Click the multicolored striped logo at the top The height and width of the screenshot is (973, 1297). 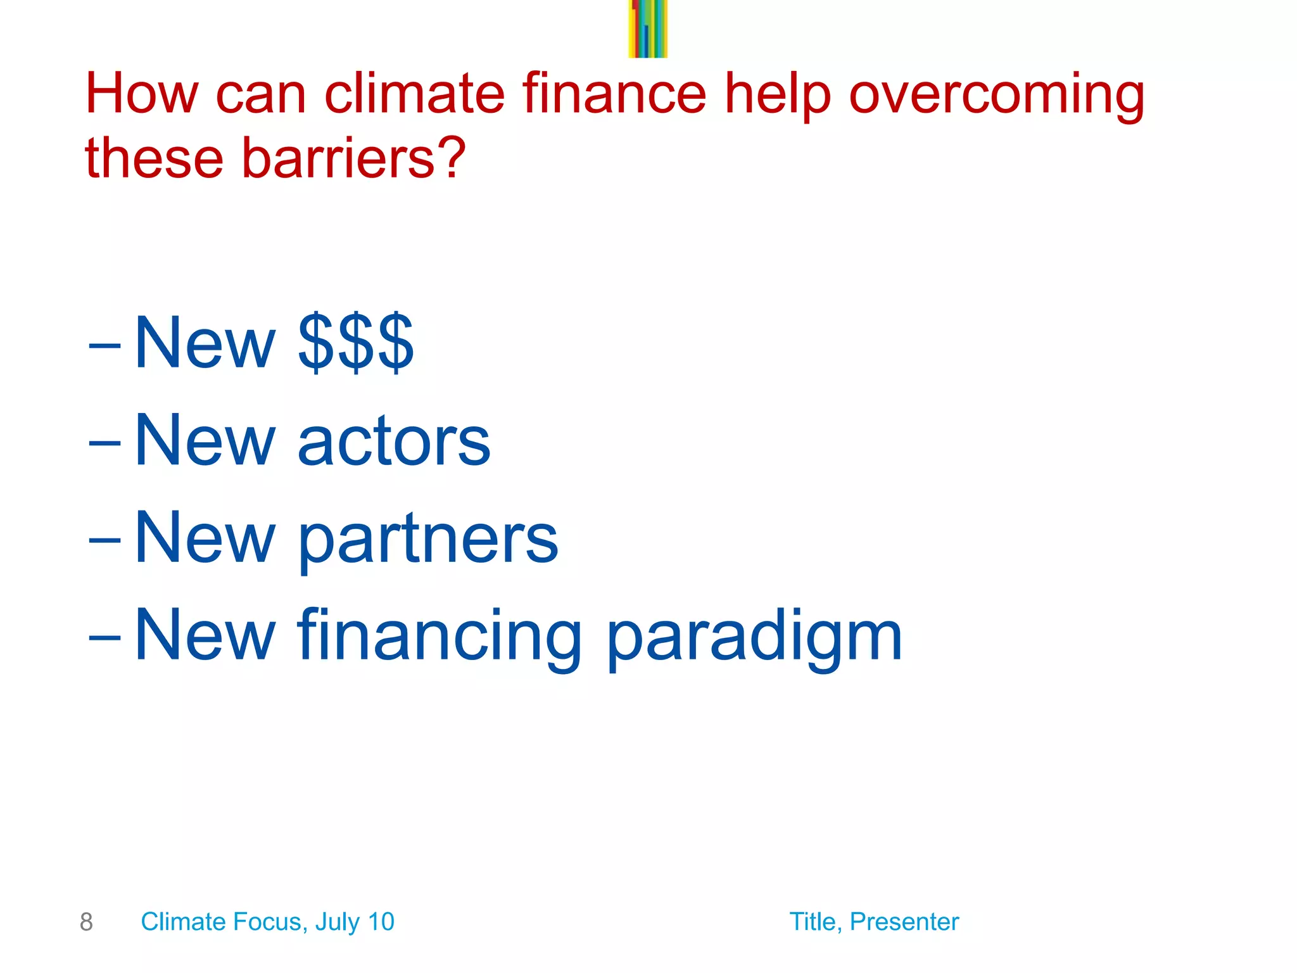tap(647, 29)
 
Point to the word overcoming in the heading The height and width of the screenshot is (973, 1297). tap(996, 95)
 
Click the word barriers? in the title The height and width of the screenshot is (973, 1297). tap(353, 158)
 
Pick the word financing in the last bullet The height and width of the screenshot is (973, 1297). tap(440, 637)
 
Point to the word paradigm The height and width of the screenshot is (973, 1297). tap(754, 637)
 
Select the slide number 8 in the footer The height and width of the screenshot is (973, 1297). tap(86, 922)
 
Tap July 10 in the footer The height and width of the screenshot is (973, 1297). tap(355, 922)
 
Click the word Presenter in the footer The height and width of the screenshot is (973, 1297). tap(904, 922)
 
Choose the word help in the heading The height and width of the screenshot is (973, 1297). tap(777, 95)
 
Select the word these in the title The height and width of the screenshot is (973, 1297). tap(154, 158)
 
